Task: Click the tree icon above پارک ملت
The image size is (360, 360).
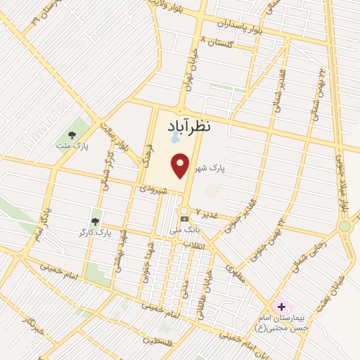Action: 70,134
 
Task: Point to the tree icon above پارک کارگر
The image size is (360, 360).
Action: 95,221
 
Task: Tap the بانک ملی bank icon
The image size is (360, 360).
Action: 184,219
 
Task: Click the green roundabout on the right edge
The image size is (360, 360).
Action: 345,226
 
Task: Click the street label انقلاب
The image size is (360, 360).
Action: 193,245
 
